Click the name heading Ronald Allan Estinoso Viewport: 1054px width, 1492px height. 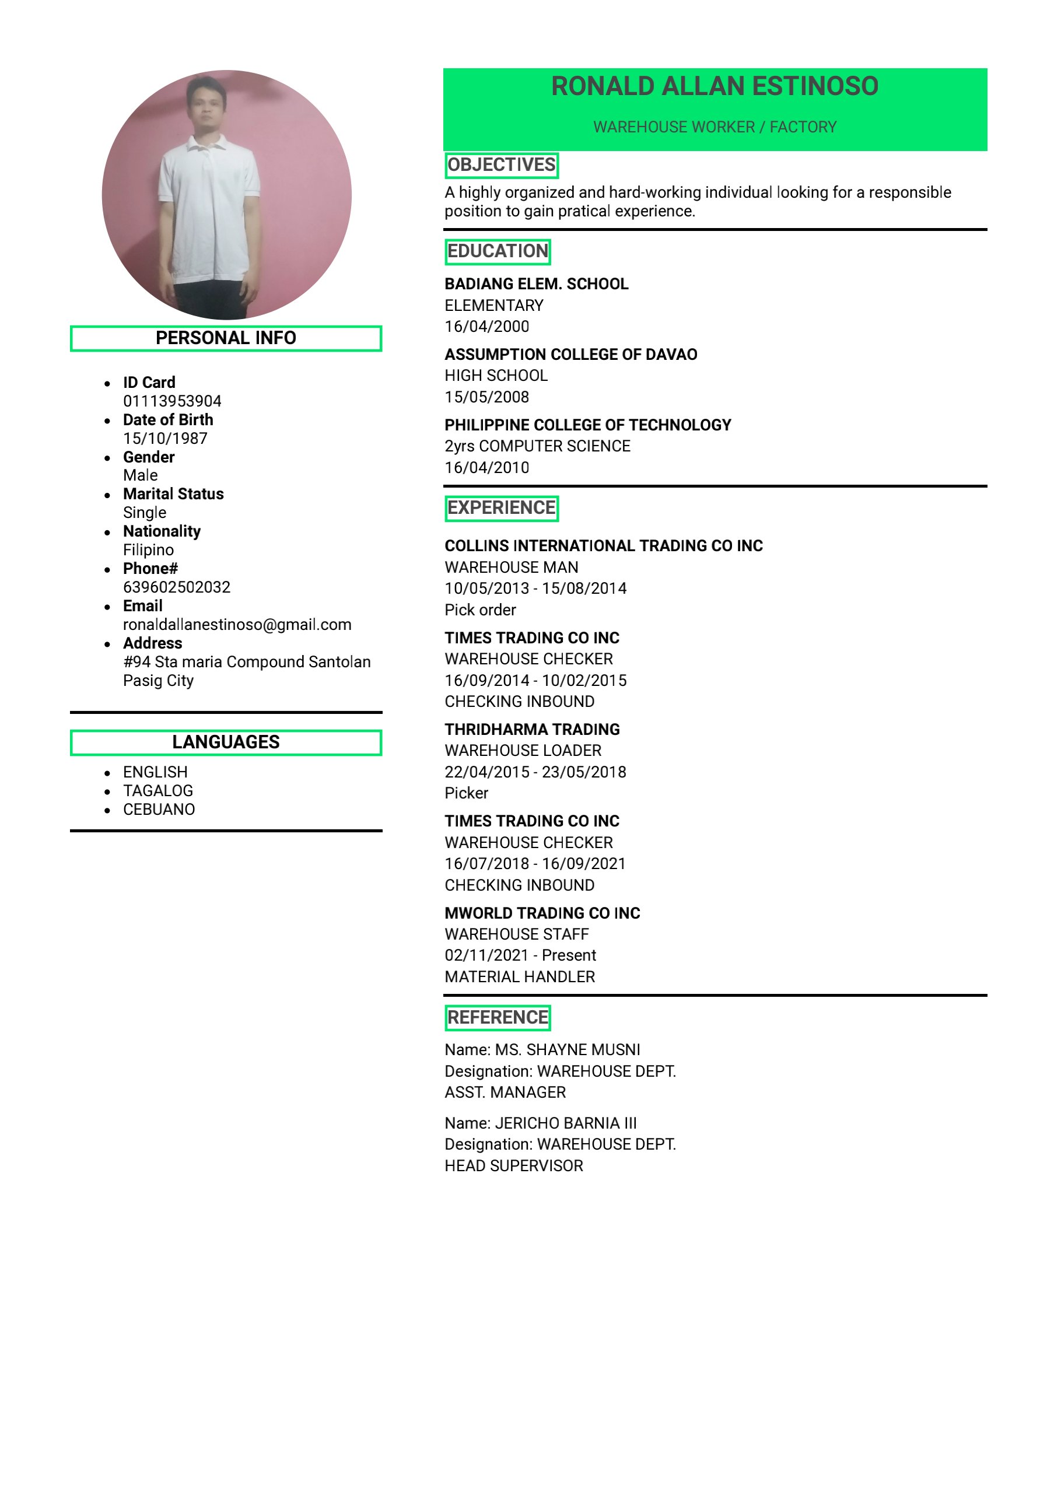coord(714,86)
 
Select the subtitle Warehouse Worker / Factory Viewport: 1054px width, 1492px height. coord(714,127)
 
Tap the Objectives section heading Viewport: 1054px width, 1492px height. coord(501,165)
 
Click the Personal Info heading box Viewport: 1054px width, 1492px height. coord(226,338)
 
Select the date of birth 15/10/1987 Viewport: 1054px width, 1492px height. coord(165,438)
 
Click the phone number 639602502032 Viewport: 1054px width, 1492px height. coord(177,587)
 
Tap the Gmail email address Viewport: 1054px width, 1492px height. coord(237,625)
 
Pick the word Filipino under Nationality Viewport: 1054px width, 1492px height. coord(148,550)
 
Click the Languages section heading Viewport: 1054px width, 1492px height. coord(226,742)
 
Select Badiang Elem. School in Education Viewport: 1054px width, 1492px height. coord(536,284)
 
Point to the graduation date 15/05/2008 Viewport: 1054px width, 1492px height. coord(486,397)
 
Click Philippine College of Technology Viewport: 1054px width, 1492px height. coord(587,425)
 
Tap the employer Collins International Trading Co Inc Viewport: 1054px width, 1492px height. coord(603,546)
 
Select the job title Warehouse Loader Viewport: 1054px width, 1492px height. coord(523,751)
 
